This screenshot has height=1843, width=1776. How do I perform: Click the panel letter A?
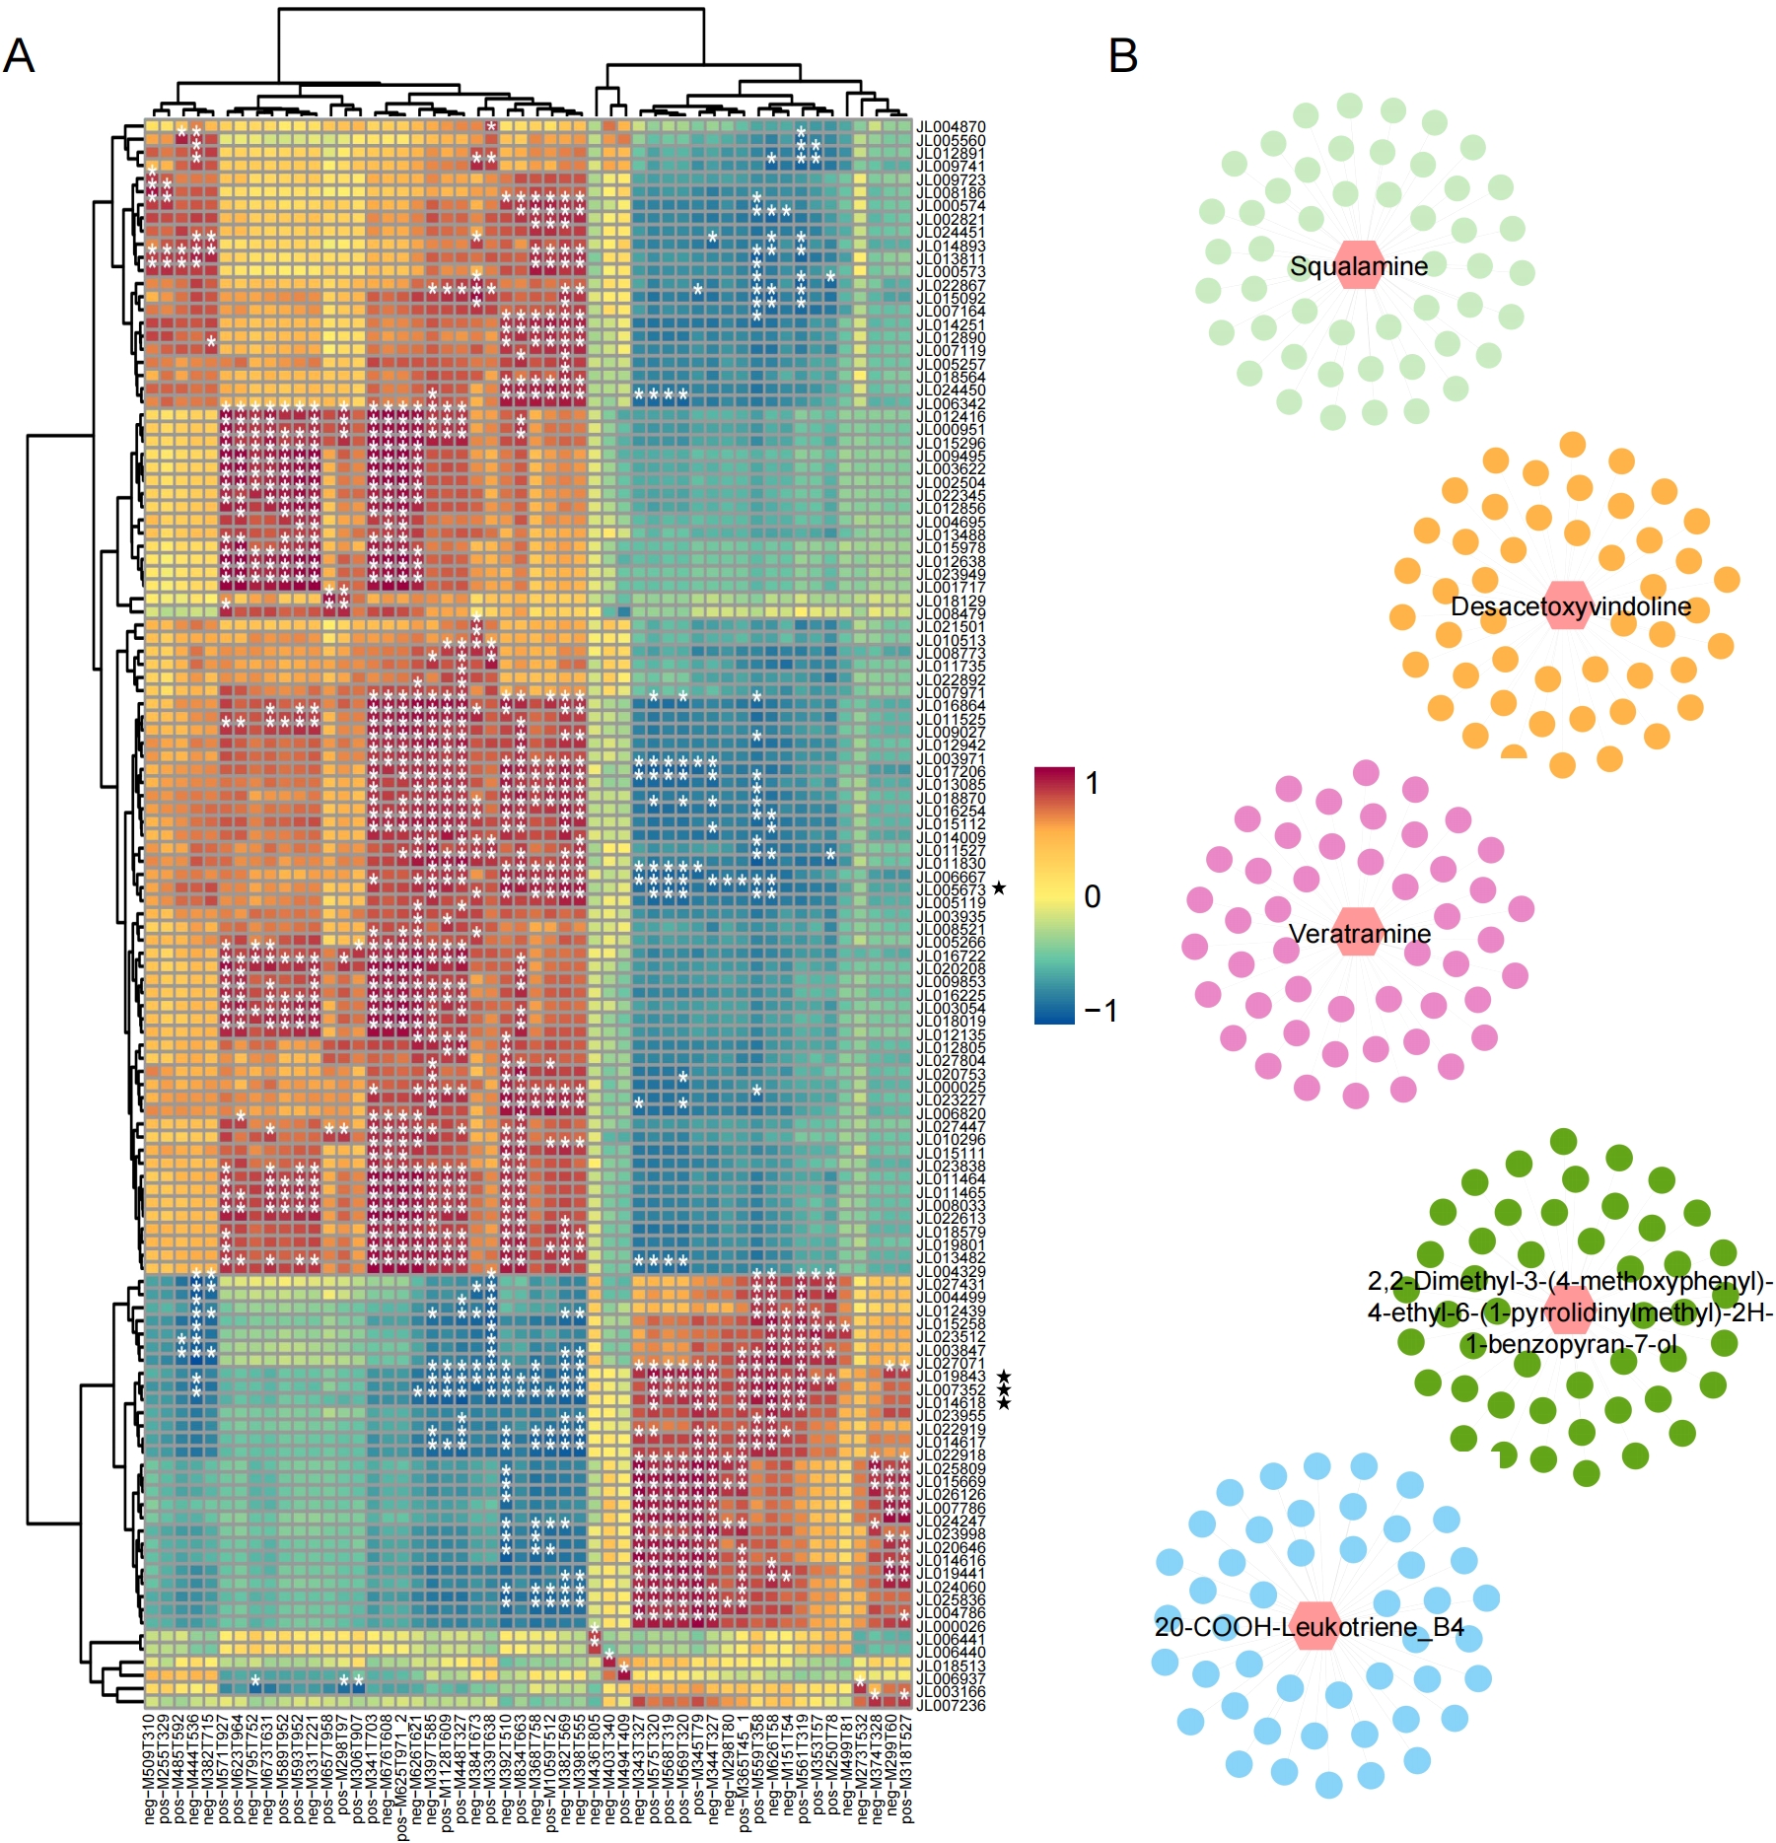point(19,56)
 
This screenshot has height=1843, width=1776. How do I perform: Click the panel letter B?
point(1123,56)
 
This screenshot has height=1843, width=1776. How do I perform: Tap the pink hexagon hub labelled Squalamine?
point(1360,265)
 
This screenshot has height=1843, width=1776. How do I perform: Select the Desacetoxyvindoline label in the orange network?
point(1570,606)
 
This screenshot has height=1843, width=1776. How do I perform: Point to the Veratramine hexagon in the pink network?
point(1360,933)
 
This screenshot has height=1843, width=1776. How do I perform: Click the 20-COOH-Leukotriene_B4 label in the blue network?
point(1309,1627)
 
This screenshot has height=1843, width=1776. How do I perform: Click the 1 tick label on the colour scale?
point(1092,783)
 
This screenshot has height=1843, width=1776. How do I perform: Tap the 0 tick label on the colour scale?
point(1092,896)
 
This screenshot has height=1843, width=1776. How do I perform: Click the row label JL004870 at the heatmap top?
point(951,127)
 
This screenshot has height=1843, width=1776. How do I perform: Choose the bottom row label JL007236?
point(951,1706)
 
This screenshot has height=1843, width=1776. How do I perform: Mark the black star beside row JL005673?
point(999,888)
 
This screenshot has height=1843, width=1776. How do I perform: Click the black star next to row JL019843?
point(1003,1377)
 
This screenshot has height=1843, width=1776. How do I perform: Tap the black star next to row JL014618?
point(1003,1403)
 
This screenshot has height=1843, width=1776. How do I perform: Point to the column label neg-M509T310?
point(150,1768)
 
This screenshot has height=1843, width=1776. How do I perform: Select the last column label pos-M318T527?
point(907,1768)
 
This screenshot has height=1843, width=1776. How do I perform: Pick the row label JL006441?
point(951,1639)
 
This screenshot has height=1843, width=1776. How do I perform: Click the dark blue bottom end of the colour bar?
point(1054,1016)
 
